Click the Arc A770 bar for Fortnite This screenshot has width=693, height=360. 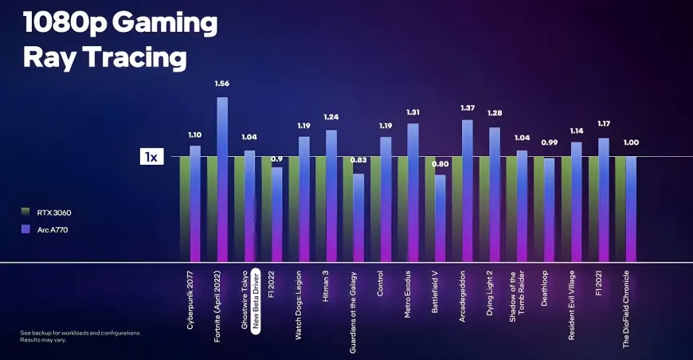point(221,179)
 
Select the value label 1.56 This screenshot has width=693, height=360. point(221,84)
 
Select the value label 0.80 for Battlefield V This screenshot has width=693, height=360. point(440,164)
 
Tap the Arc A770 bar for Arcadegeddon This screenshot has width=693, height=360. point(468,191)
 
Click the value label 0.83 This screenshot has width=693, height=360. point(358,161)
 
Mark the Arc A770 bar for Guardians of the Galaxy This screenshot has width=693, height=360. point(358,217)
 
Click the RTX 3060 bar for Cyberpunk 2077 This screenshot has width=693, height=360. point(184,209)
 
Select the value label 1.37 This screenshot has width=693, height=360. point(468,108)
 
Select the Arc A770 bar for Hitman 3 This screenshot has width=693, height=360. point(331,197)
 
